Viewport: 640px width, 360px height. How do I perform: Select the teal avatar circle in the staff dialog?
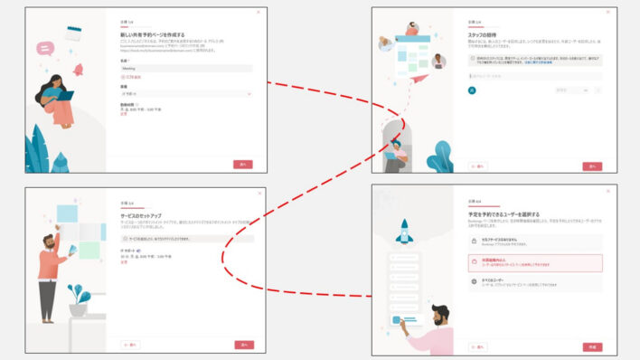coord(472,90)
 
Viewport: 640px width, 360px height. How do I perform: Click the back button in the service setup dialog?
coord(129,345)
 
